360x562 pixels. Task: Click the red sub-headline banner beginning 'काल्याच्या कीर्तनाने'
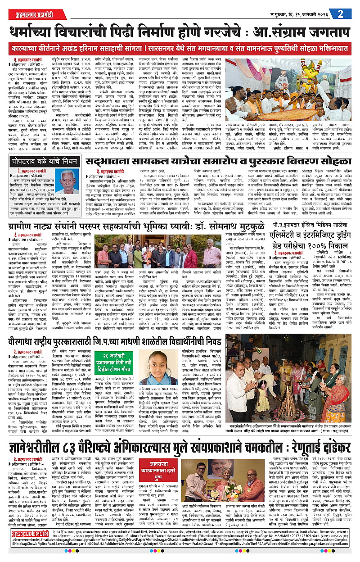tap(180, 47)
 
